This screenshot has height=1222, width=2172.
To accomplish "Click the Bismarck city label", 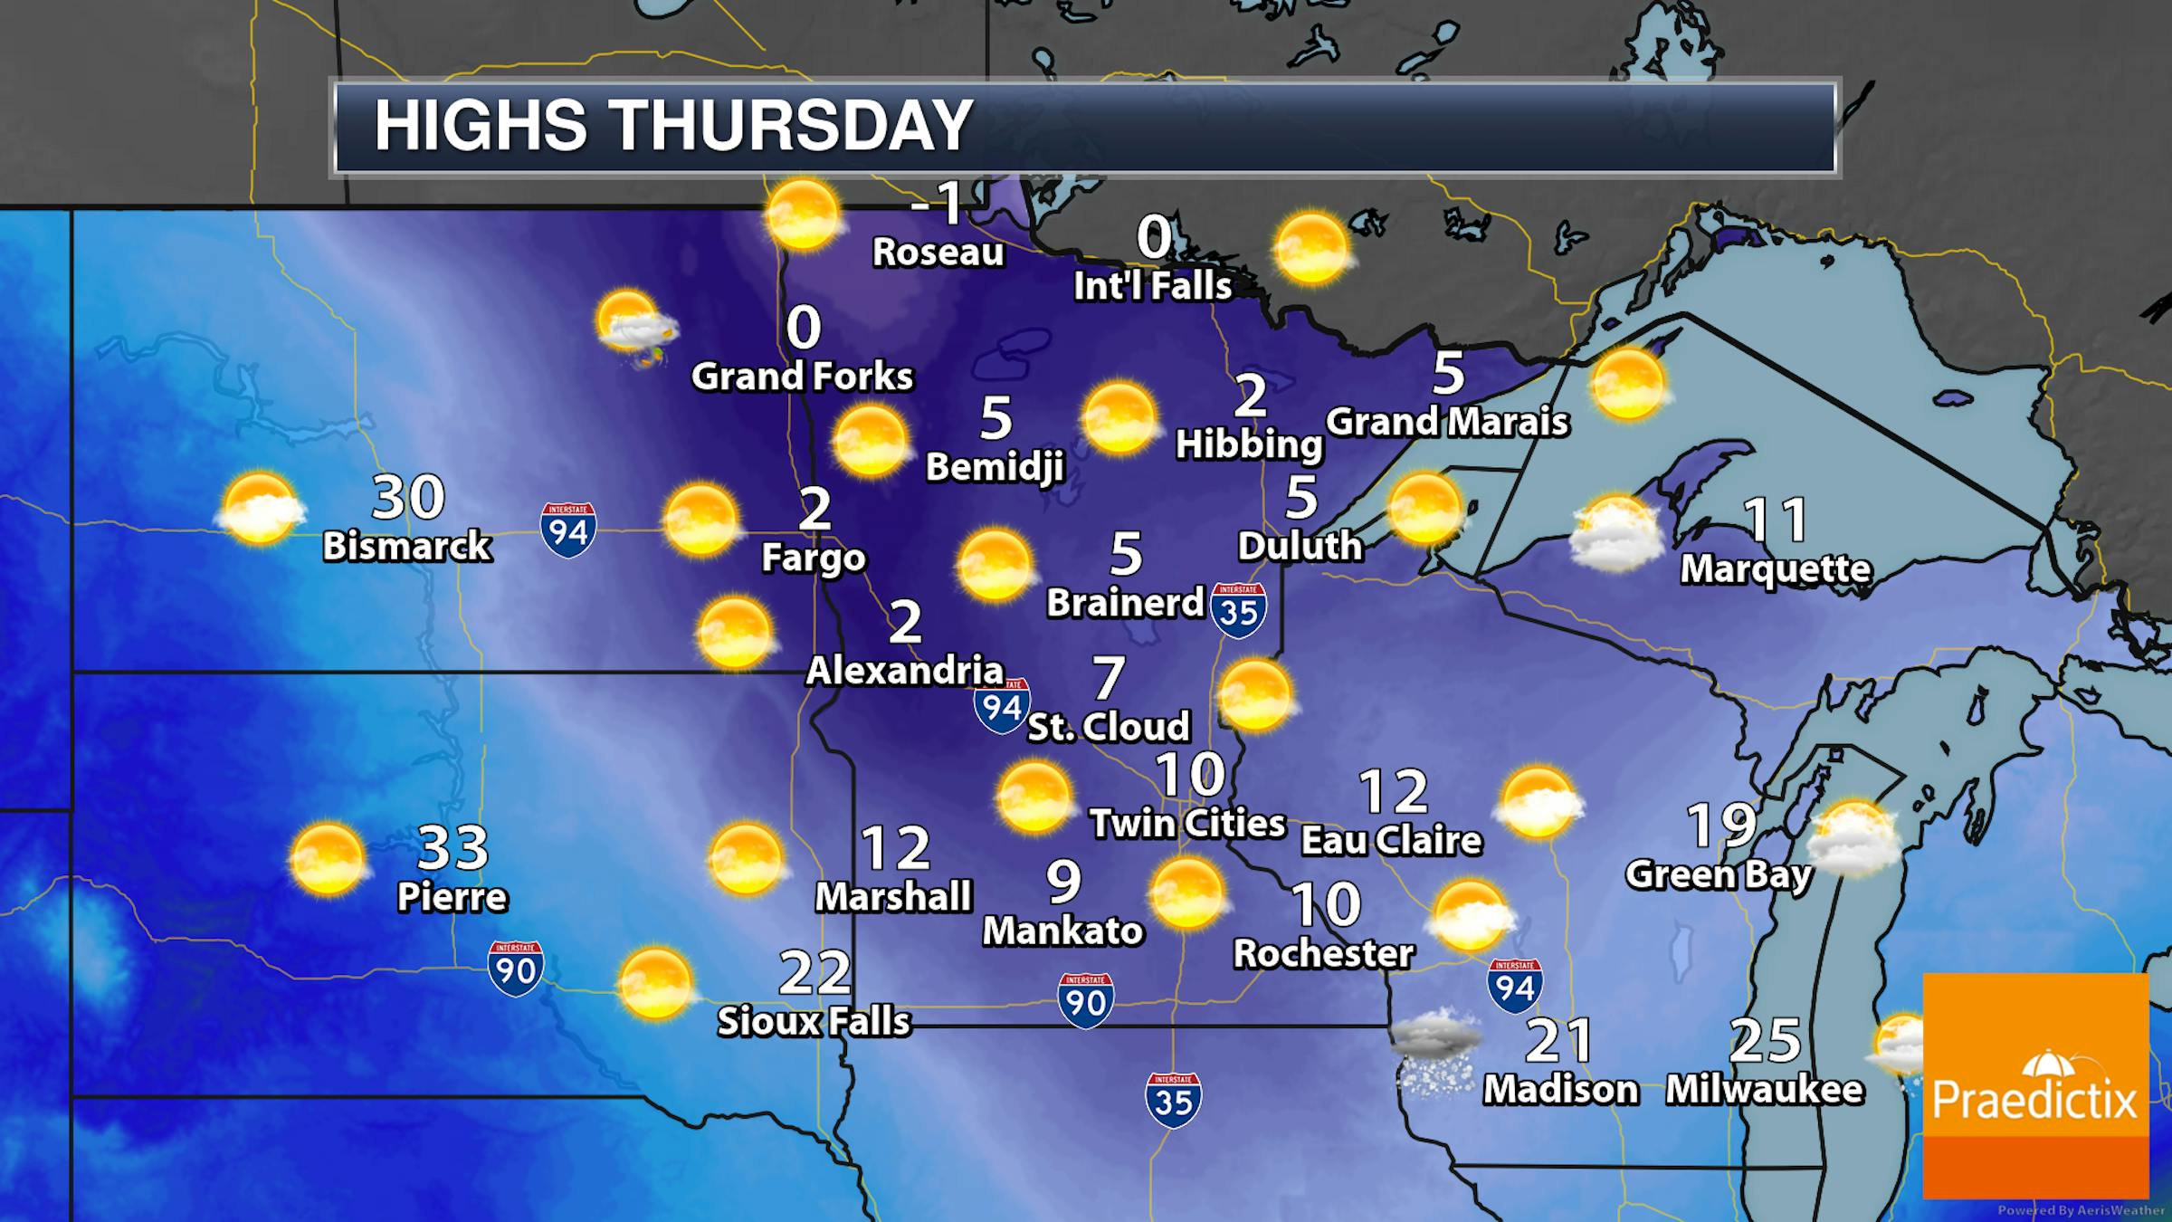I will coord(406,546).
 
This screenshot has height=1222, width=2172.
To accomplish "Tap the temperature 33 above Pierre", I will coord(452,848).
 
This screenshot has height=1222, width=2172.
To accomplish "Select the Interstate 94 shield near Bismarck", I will coord(568,530).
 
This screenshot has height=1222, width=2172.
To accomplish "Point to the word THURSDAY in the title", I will coord(794,126).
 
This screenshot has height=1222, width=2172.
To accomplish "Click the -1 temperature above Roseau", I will coord(938,204).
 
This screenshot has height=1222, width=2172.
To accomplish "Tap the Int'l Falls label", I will coord(1152,286).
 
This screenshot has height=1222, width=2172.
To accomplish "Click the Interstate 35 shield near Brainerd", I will coord(1238,611).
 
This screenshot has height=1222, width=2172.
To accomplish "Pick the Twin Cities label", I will coord(1187,823).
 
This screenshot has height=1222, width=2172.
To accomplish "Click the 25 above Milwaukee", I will coord(1764,1041).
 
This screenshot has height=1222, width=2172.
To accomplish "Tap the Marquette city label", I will coord(1776,568).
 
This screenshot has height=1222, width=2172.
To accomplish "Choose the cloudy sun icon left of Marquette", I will coord(1615,533).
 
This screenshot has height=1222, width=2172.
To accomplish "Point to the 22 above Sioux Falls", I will coord(814,973).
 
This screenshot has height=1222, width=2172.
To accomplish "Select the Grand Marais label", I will coord(1447,422).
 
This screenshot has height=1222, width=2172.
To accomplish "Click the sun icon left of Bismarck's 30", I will coord(260,509).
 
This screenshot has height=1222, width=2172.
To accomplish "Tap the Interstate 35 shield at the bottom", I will coord(1173,1100).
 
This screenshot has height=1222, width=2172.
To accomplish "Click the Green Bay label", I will coord(1719,874).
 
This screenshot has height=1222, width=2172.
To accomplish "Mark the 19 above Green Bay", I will coord(1721,825).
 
